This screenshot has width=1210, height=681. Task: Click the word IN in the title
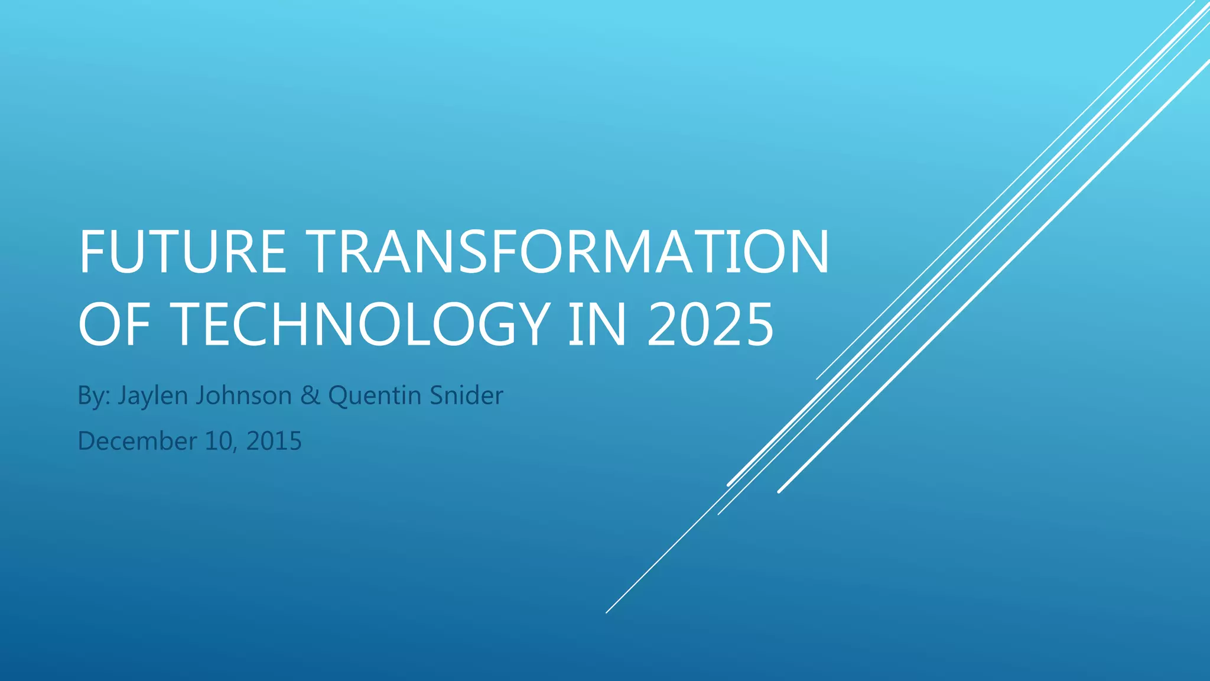[x=597, y=324]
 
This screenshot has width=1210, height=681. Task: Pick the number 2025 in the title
[x=710, y=324]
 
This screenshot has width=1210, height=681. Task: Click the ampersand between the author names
[x=310, y=395]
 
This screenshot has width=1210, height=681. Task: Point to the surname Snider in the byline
[x=466, y=395]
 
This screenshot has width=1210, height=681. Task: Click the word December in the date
[x=137, y=441]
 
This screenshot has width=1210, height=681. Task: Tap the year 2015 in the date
[x=274, y=441]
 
